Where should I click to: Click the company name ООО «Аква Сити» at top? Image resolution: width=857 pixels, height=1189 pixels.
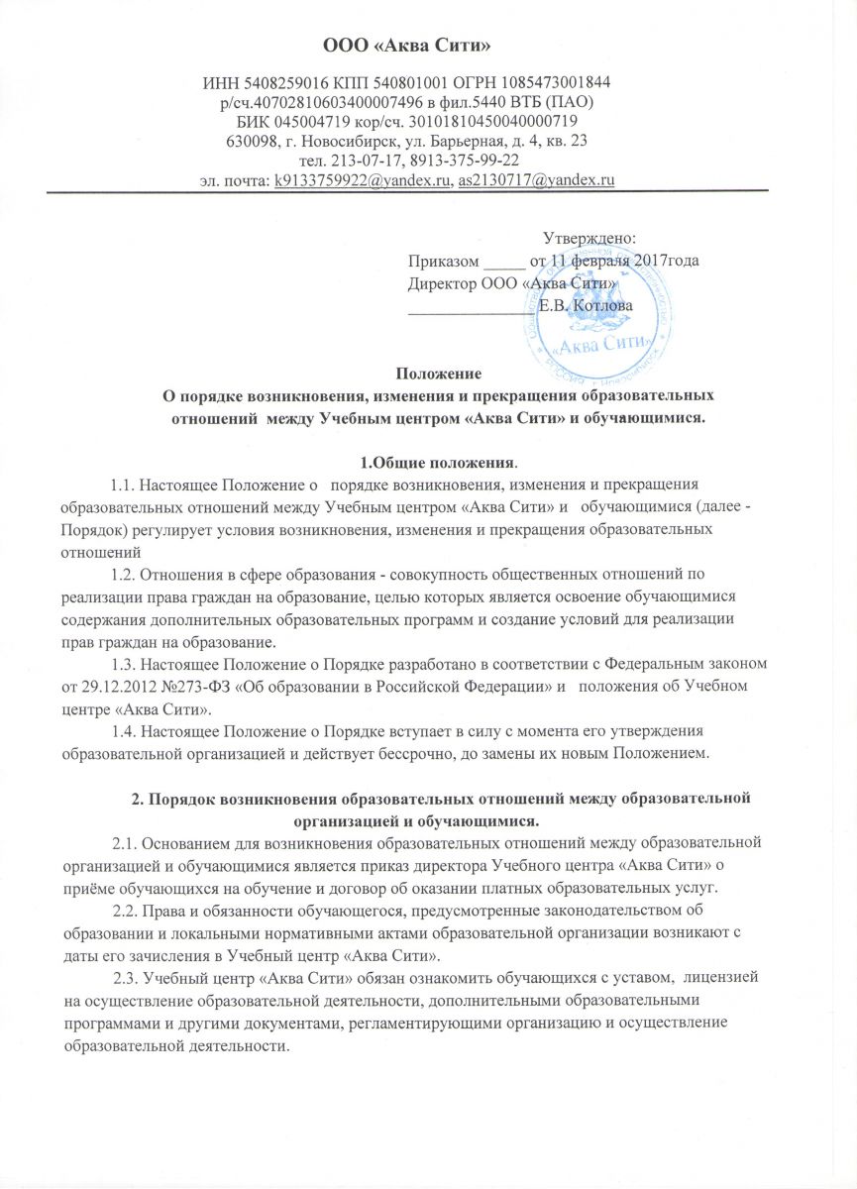coord(428,45)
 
